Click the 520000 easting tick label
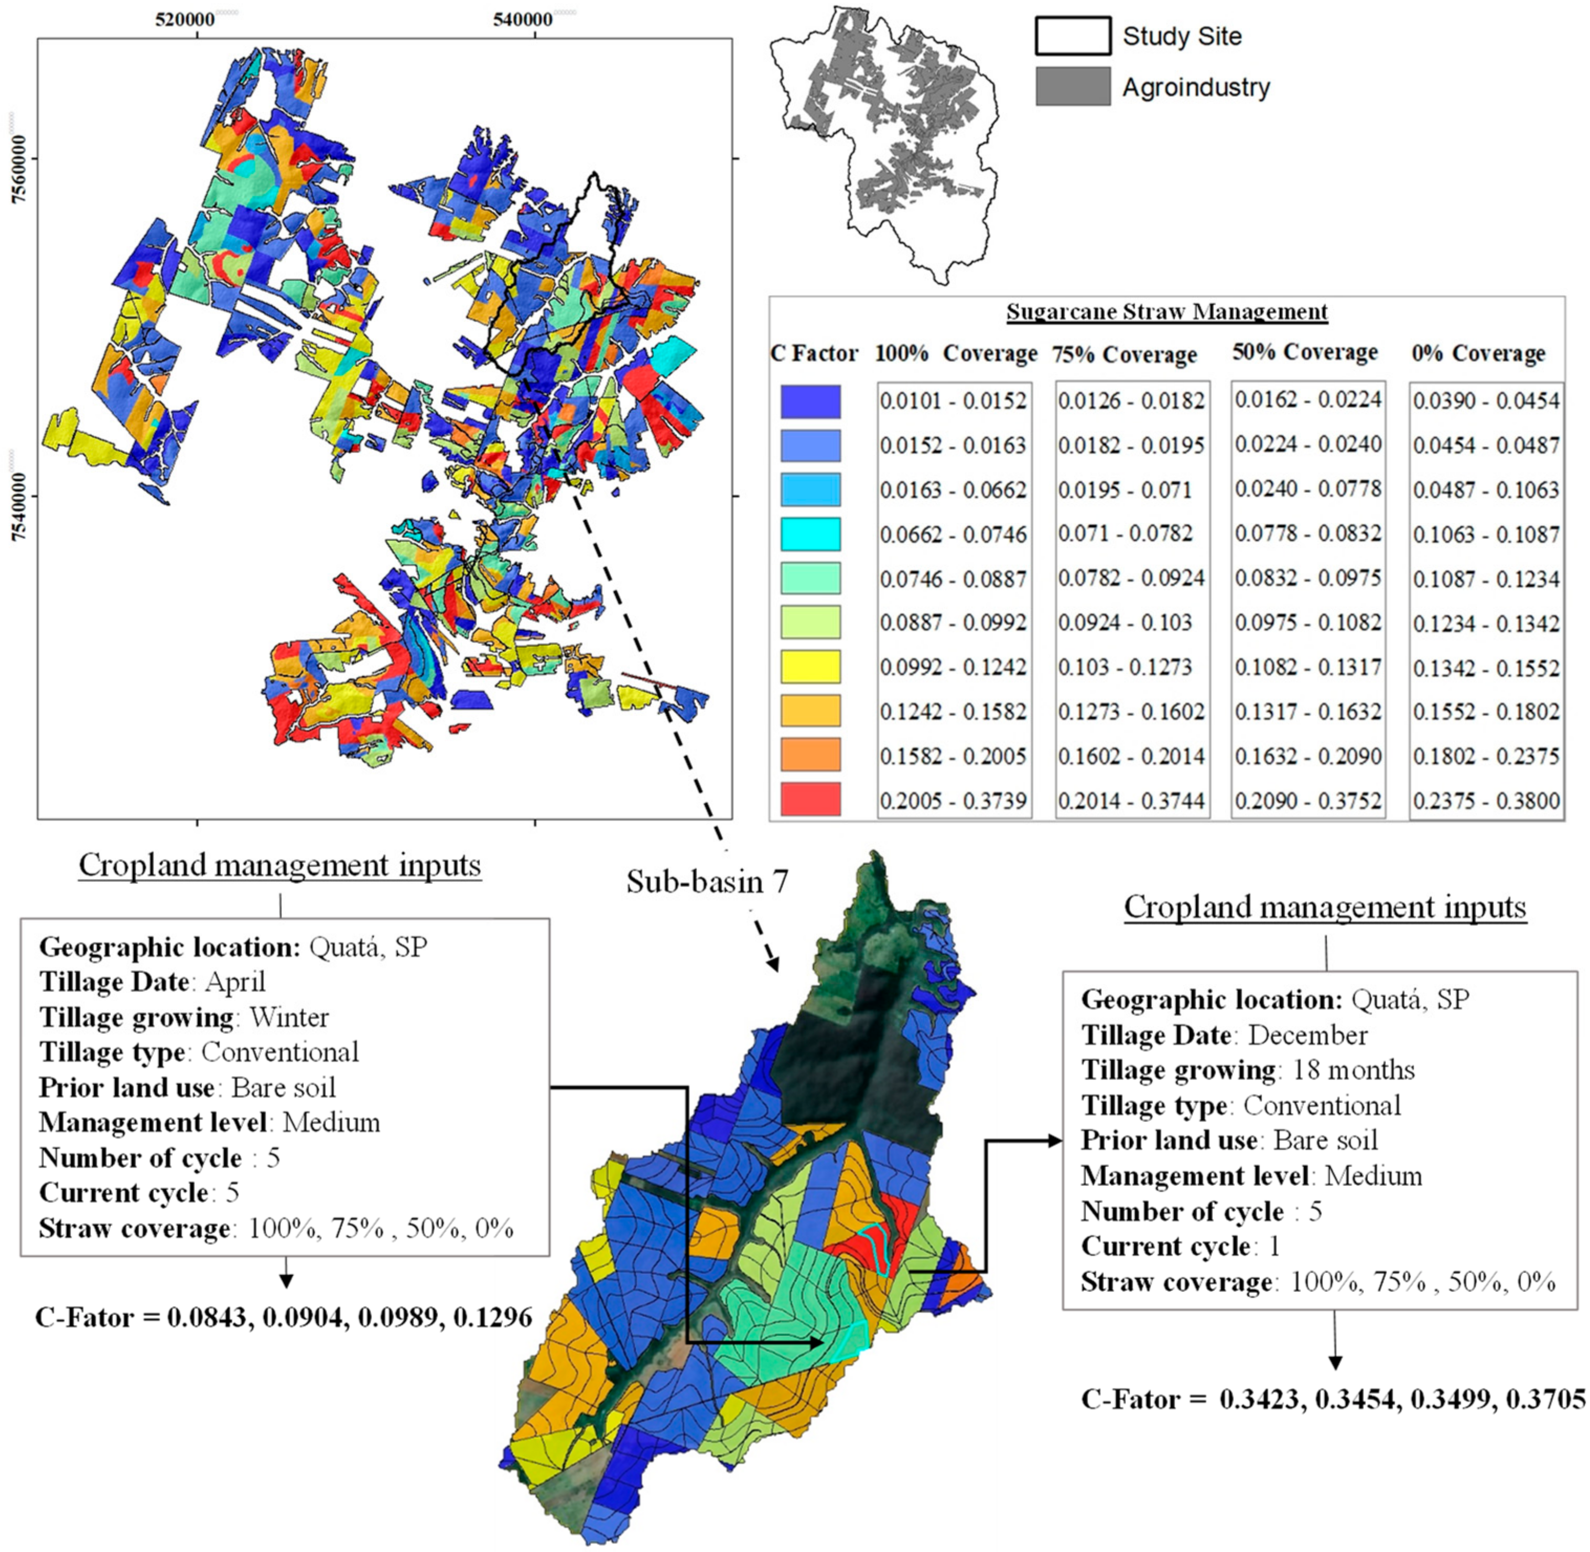(185, 19)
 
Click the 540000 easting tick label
(522, 19)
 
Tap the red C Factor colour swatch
(810, 800)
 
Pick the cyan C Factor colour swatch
(810, 534)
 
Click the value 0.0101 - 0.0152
(953, 401)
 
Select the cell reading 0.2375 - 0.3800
(1486, 801)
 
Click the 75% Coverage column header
(1124, 354)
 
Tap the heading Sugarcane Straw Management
(1166, 311)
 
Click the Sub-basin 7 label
(707, 881)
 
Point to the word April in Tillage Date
(235, 982)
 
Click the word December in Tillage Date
(1307, 1034)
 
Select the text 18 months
(1354, 1070)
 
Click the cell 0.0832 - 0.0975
(1307, 578)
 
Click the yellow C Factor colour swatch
(810, 667)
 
